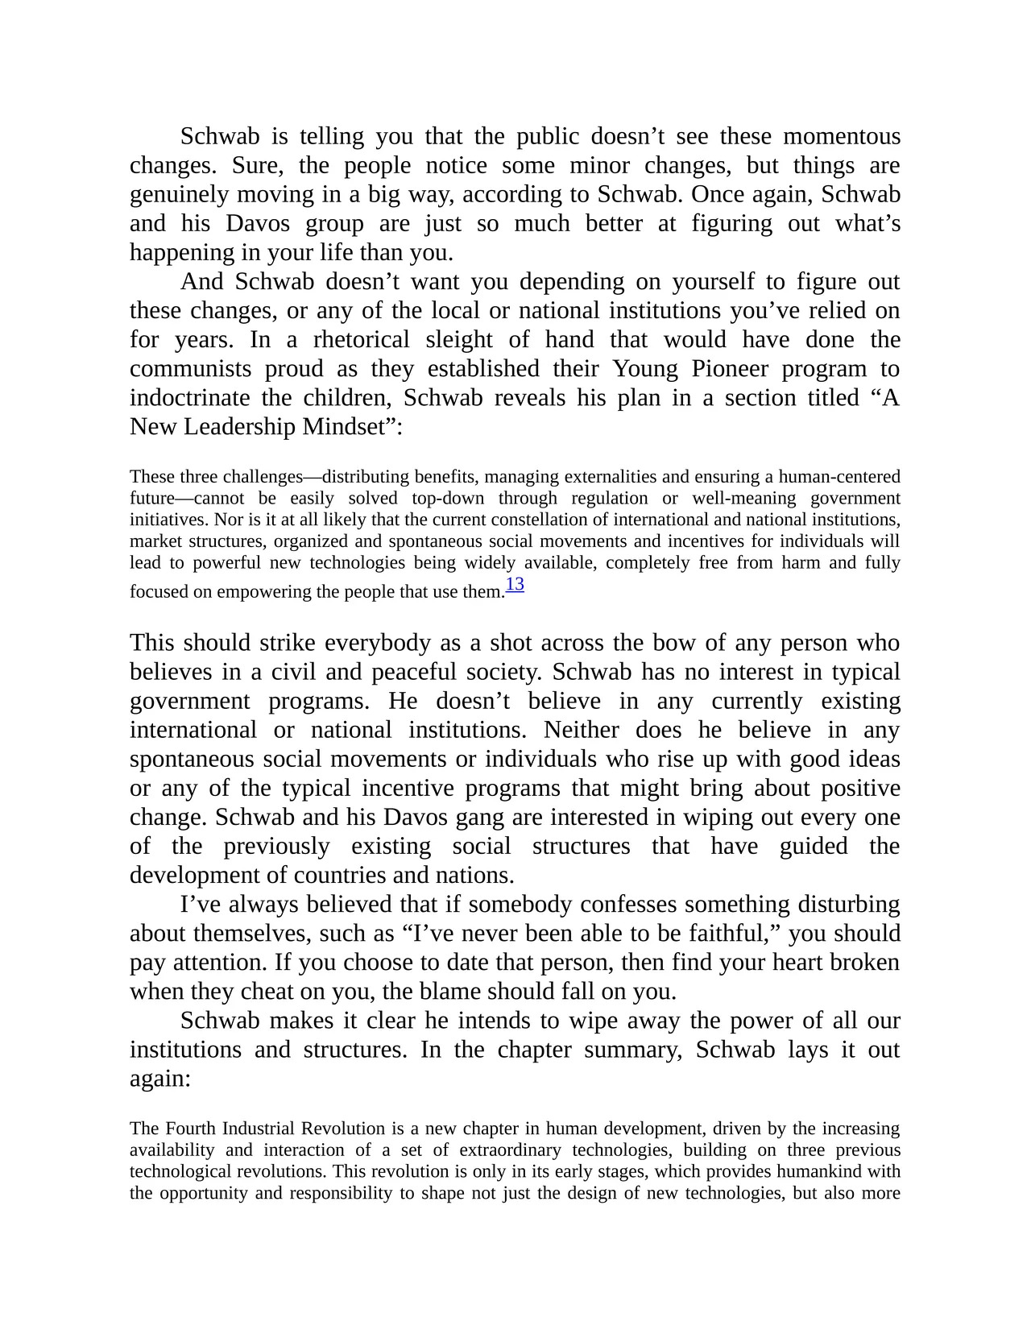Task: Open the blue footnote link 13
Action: pos(515,585)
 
